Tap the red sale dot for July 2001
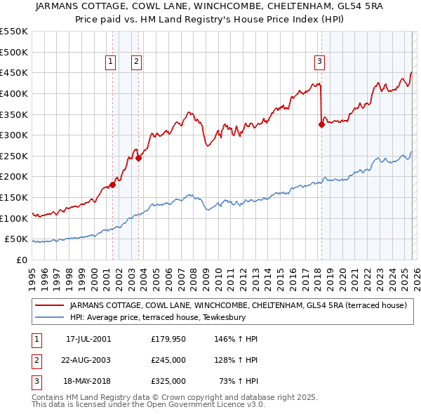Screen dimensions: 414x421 click(x=112, y=185)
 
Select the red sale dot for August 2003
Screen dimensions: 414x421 click(x=139, y=158)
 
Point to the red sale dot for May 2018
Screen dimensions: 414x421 click(x=321, y=125)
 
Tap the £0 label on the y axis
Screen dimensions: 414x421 click(x=22, y=260)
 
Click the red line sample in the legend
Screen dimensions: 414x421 click(x=49, y=305)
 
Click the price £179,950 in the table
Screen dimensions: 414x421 click(x=168, y=339)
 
